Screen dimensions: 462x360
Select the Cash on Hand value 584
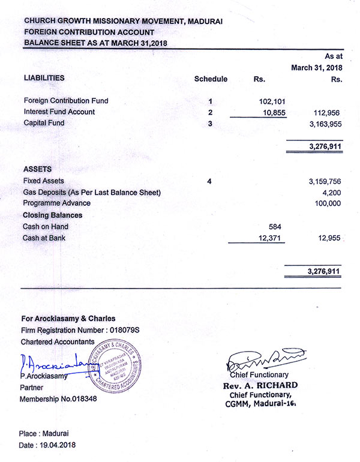point(273,227)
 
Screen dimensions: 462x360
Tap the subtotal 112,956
point(327,112)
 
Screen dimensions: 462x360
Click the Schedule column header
point(211,79)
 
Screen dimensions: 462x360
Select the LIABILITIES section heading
point(44,78)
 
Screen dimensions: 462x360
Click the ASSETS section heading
point(37,170)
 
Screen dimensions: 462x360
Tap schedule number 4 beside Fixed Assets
point(209,181)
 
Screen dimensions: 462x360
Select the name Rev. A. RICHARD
point(259,385)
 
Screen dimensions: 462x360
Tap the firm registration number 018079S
point(124,330)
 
